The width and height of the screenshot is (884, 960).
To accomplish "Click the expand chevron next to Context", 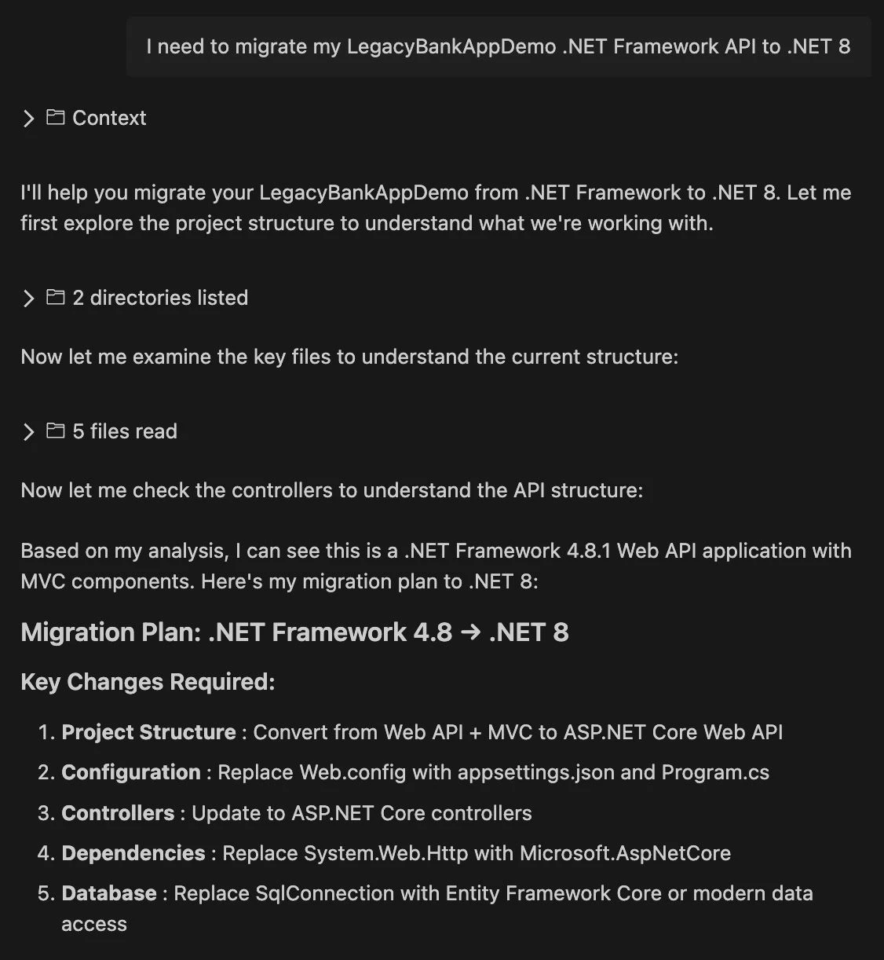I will tap(29, 119).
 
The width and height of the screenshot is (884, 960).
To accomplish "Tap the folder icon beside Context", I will tap(55, 118).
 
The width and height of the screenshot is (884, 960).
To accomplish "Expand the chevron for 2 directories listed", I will tap(29, 299).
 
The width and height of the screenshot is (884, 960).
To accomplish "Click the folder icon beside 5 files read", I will tap(55, 431).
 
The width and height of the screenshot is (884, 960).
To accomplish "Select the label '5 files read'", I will tap(125, 431).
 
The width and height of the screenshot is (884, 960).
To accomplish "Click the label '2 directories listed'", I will tap(160, 298).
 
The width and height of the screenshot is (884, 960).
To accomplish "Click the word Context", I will tap(109, 118).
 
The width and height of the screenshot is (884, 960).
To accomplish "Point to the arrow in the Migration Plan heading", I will tap(470, 632).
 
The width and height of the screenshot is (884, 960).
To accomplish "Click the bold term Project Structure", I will tap(148, 732).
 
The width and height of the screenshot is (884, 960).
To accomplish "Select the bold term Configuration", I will tap(131, 772).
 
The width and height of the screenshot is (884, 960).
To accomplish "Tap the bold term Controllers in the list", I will tap(118, 813).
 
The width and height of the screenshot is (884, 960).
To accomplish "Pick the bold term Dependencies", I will tap(133, 853).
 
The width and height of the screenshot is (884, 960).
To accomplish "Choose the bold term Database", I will tap(109, 893).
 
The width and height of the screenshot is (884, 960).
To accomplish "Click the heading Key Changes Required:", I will tap(148, 682).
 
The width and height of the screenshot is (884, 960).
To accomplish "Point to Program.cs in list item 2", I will tap(715, 772).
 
